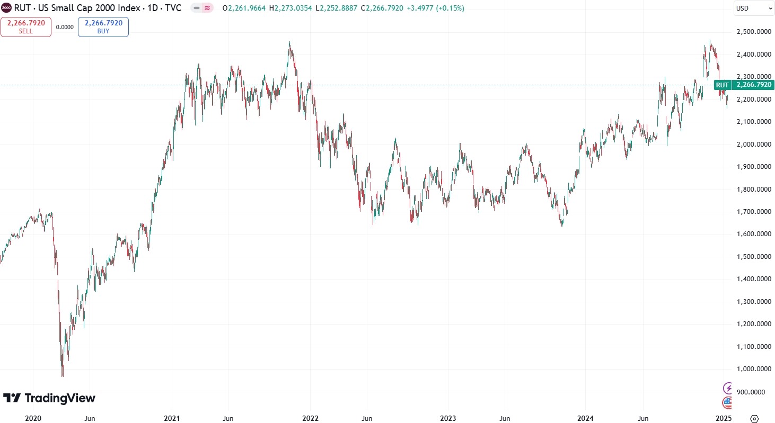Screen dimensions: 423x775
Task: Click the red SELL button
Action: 26,27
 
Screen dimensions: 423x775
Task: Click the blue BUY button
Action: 103,27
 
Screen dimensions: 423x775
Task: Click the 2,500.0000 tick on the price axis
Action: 753,32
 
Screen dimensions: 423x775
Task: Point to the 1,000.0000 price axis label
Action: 753,369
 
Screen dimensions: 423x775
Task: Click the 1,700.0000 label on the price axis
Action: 753,212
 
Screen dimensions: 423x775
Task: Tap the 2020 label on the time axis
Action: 33,418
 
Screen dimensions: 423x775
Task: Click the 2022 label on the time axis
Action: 310,418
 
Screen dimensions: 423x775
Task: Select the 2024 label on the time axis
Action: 586,418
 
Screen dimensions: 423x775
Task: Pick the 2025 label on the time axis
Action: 724,418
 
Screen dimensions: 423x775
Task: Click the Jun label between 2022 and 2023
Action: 366,418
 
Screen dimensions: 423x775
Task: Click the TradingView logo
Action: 49,398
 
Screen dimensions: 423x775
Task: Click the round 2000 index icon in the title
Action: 6,8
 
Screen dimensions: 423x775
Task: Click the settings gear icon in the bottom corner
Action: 755,418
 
